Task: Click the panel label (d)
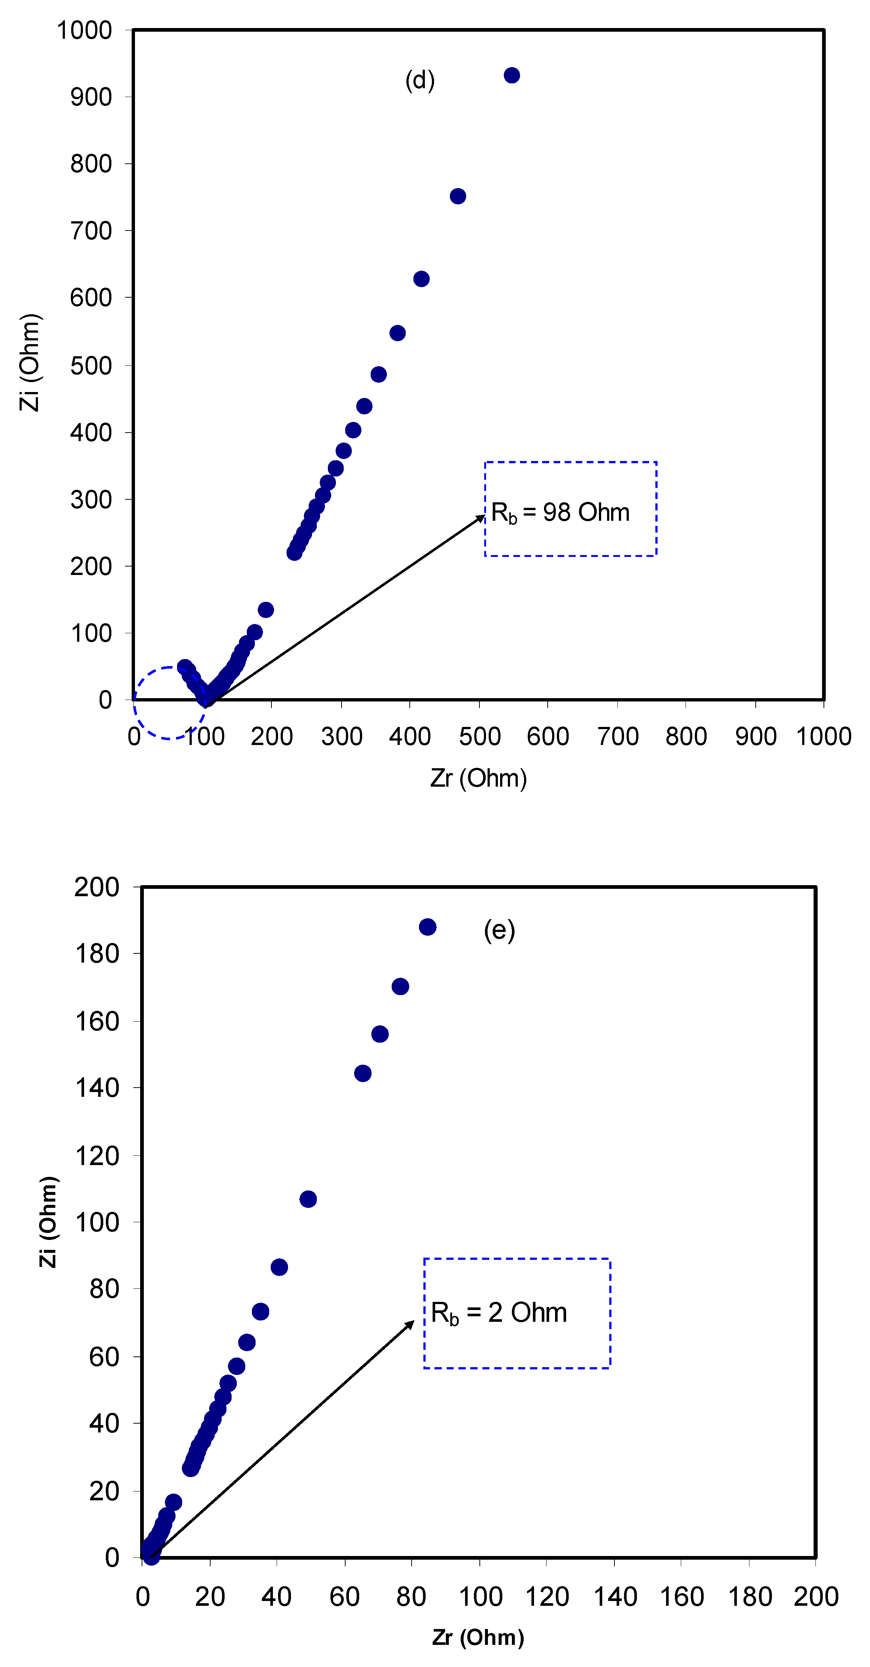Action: (419, 80)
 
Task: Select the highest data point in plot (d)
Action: (512, 76)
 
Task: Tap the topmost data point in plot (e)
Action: (427, 927)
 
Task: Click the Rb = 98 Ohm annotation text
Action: (560, 513)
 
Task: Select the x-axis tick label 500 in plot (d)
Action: (479, 737)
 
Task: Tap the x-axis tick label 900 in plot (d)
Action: (755, 737)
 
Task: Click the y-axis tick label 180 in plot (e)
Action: (97, 954)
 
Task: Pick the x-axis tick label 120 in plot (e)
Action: (547, 1597)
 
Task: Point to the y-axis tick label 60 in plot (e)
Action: (104, 1356)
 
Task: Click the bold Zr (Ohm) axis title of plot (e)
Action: (478, 1637)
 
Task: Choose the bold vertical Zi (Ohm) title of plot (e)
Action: (48, 1222)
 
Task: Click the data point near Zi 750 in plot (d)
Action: (458, 196)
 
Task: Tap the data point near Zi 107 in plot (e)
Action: (308, 1199)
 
